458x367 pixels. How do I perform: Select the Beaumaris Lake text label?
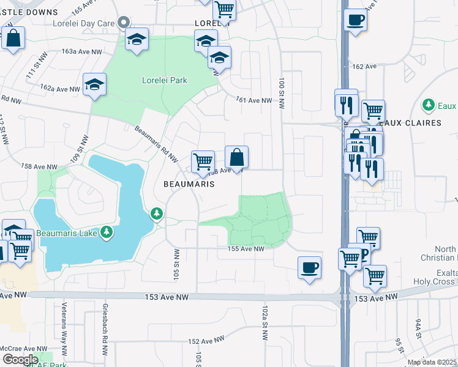[x=67, y=232]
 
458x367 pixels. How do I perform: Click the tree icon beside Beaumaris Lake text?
[x=107, y=232]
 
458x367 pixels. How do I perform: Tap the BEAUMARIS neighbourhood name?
[x=189, y=183]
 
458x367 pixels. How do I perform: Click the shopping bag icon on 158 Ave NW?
[x=236, y=157]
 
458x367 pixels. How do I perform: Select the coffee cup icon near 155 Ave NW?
[x=310, y=268]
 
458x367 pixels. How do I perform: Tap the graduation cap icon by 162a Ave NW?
[x=95, y=85]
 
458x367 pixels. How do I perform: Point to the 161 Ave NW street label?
[x=254, y=100]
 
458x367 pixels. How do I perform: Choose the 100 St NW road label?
[x=282, y=93]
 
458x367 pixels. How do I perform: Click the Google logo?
[x=20, y=359]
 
